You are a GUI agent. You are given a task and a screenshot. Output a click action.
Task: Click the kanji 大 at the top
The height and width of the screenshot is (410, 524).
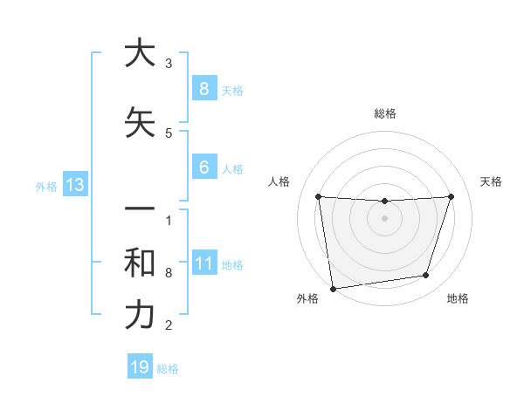click(x=139, y=53)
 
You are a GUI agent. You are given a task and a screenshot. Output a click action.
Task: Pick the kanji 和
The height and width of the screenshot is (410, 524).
click(x=139, y=263)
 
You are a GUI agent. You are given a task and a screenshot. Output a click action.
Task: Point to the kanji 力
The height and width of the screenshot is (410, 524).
click(x=139, y=315)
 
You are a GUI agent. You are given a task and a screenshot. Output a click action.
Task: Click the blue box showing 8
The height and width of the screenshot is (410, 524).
click(x=203, y=88)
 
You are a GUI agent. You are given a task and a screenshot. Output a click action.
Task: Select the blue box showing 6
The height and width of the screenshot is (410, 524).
click(x=203, y=167)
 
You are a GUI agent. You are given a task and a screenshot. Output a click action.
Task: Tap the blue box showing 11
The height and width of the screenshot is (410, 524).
click(x=203, y=263)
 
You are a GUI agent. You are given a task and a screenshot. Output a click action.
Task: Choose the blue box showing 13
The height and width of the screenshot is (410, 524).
click(x=74, y=185)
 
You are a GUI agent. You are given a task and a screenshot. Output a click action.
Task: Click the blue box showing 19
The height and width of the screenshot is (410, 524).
click(x=140, y=367)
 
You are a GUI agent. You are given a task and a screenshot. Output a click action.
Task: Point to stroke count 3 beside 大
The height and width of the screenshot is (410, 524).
click(x=169, y=64)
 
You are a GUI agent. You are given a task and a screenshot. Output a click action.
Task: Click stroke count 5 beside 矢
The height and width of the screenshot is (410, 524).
click(x=169, y=133)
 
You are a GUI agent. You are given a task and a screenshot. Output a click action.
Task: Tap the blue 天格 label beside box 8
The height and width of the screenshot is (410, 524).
click(x=232, y=90)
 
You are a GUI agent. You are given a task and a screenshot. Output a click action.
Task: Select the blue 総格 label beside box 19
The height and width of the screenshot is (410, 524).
click(x=168, y=369)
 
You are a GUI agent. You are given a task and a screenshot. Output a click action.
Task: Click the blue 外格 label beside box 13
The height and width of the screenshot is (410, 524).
click(x=45, y=186)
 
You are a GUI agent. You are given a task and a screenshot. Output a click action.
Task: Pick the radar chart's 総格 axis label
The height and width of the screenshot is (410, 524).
click(x=384, y=113)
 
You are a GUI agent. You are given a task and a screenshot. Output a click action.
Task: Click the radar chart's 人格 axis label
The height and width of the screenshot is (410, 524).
click(x=279, y=181)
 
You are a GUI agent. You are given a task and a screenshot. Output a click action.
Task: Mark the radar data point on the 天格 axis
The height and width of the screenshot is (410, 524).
click(x=451, y=196)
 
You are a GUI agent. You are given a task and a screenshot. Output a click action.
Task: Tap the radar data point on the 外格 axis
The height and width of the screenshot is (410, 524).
click(x=333, y=287)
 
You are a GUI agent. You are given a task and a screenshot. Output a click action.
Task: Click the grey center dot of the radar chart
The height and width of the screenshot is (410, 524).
click(x=384, y=218)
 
